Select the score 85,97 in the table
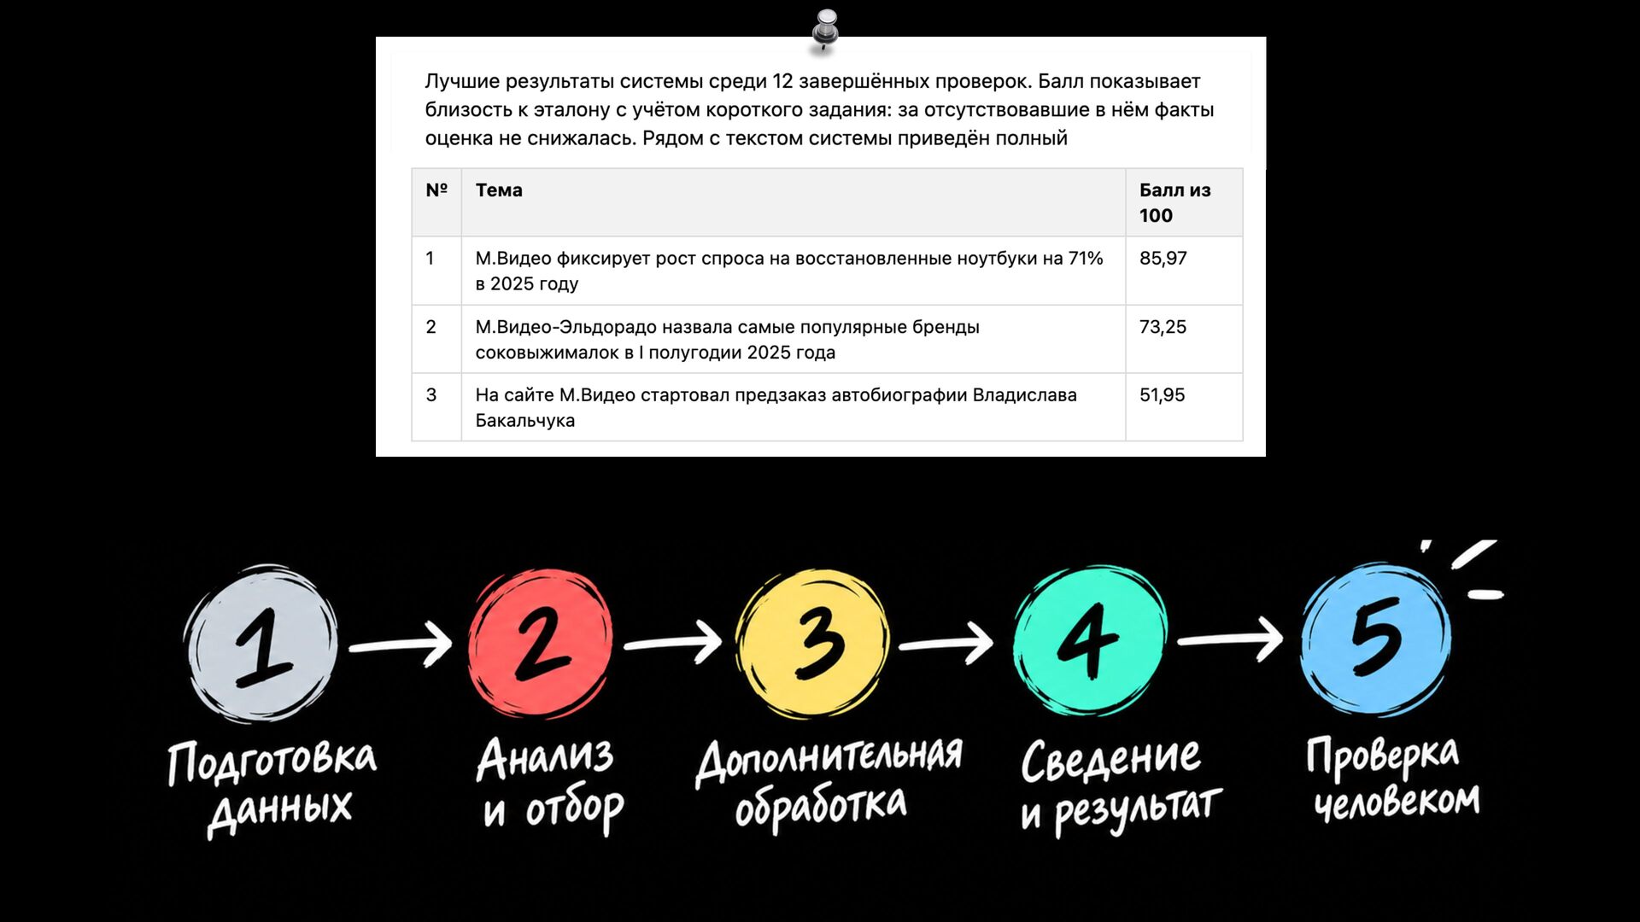coord(1163,258)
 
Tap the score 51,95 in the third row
coord(1162,394)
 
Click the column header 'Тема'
coord(499,190)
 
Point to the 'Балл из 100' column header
coord(1174,202)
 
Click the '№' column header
coord(436,190)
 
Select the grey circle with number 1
coord(261,645)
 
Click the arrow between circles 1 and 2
coord(401,645)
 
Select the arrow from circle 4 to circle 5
coord(1230,639)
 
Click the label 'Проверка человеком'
coord(1392,779)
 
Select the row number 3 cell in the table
coord(436,407)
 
